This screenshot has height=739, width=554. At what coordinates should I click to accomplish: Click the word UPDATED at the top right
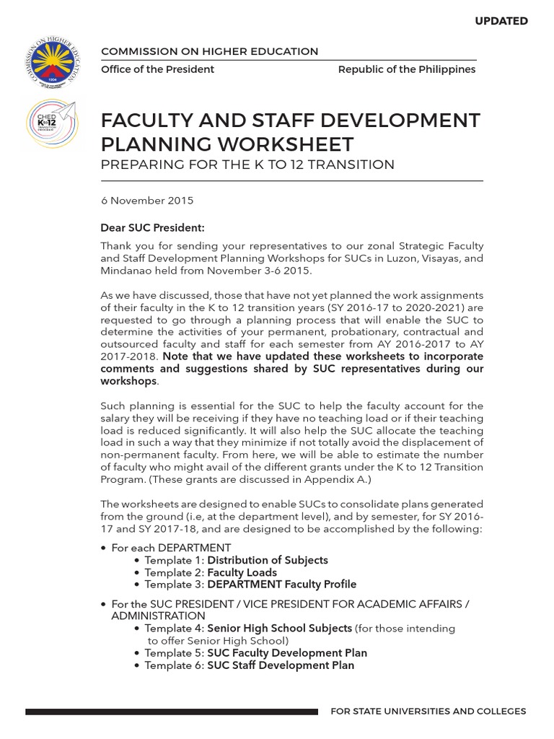coord(501,21)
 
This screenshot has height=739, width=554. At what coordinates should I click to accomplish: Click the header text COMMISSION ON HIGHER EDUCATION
coord(209,51)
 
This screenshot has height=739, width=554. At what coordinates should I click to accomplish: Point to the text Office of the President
coord(157,69)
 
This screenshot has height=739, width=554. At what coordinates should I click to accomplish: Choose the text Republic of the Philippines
coord(407,69)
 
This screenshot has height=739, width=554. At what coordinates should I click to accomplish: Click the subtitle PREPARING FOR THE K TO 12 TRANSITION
coord(247,165)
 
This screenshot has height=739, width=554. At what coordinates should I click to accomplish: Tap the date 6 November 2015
coord(147,201)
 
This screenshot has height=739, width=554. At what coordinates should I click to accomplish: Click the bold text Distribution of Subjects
coord(268,560)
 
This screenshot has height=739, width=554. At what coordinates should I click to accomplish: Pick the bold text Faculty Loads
coord(242,572)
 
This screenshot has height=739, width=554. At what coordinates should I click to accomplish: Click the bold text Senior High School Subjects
coord(280,629)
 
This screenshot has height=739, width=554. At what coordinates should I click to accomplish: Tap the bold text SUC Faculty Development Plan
coord(287,653)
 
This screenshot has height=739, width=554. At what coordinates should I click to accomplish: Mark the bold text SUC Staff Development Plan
coord(281,665)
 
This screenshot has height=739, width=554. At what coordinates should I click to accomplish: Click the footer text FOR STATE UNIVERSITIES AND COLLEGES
coord(428,712)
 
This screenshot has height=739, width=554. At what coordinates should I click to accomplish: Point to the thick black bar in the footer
coord(171,712)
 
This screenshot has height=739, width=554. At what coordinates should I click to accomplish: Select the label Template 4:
coord(174,629)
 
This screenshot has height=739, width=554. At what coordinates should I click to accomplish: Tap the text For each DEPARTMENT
coord(171,548)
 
